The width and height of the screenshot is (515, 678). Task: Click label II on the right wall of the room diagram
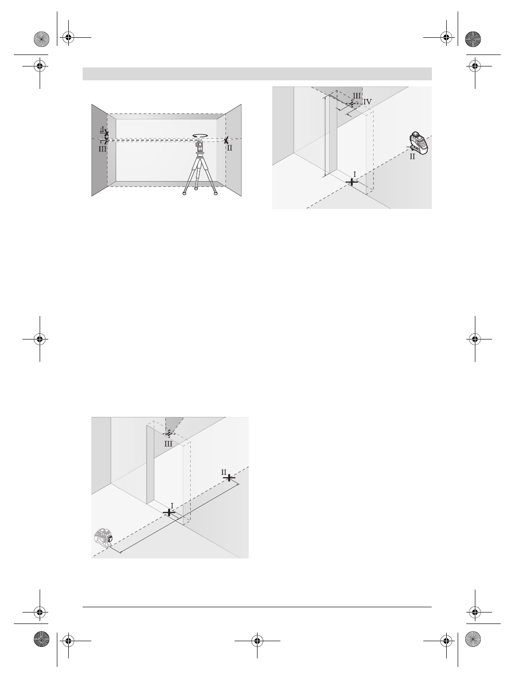pos(230,148)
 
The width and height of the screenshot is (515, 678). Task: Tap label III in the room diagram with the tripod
pos(102,149)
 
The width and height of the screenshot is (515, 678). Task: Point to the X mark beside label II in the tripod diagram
pos(226,141)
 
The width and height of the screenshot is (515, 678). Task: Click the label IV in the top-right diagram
pos(367,102)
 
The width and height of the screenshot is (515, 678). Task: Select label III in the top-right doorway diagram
pos(357,95)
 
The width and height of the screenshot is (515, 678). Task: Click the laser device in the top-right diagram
pos(419,143)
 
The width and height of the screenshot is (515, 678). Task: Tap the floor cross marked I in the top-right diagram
pos(352,182)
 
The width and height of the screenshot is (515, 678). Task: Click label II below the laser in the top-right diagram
pos(412,156)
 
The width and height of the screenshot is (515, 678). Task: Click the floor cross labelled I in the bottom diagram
pos(169,512)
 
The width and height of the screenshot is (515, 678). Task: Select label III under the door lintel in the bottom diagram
pos(168,444)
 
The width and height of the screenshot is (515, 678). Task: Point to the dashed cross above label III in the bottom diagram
pos(169,433)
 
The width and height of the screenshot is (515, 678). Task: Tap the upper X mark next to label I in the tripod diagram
pos(107,135)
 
